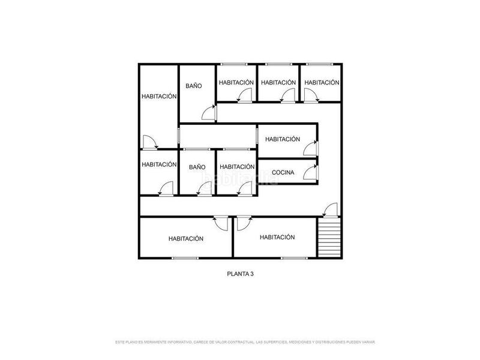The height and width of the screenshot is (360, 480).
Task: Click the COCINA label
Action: pyautogui.click(x=283, y=173)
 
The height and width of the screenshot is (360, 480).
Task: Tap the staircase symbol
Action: pyautogui.click(x=328, y=238)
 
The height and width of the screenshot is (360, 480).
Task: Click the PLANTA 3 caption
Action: pyautogui.click(x=240, y=274)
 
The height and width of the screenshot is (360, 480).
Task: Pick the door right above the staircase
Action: pyautogui.click(x=329, y=210)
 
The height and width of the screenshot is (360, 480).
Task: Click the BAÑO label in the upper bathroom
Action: pyautogui.click(x=193, y=86)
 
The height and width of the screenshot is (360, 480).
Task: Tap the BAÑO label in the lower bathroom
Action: pyautogui.click(x=197, y=167)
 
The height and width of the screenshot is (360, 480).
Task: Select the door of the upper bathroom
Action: pyautogui.click(x=208, y=111)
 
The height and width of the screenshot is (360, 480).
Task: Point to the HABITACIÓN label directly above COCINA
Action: pyautogui.click(x=283, y=139)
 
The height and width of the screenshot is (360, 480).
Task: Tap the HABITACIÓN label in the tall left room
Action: pyautogui.click(x=159, y=96)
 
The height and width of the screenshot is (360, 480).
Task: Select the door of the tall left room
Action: pyautogui.click(x=149, y=142)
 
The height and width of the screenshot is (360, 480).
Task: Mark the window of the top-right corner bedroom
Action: pyautogui.click(x=322, y=64)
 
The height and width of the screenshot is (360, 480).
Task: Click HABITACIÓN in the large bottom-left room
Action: pyautogui.click(x=186, y=238)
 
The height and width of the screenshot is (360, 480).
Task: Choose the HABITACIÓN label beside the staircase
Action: pyautogui.click(x=277, y=237)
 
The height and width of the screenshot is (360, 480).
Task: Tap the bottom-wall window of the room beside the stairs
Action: pyautogui.click(x=294, y=258)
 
